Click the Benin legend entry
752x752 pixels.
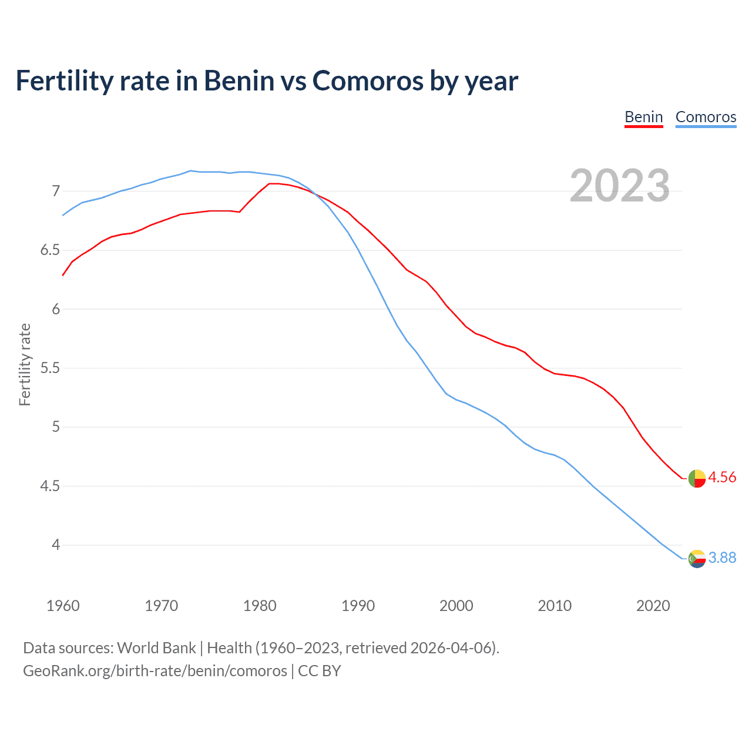click(x=643, y=117)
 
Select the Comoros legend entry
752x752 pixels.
click(x=706, y=117)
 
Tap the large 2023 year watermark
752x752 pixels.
click(x=619, y=186)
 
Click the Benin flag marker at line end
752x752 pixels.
click(x=697, y=479)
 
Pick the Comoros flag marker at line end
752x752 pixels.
click(x=697, y=559)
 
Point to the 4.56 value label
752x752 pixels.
click(x=722, y=478)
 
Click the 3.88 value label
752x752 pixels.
click(x=722, y=558)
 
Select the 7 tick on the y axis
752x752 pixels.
click(x=56, y=191)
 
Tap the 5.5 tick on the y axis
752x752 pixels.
click(x=50, y=368)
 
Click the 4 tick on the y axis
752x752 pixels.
click(x=56, y=545)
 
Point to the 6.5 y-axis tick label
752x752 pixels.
click(x=50, y=250)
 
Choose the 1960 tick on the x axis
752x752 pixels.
click(x=63, y=606)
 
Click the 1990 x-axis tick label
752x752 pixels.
click(x=358, y=606)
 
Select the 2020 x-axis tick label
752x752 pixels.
click(x=653, y=606)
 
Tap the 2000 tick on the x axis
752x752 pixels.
click(x=456, y=606)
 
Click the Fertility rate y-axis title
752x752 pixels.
click(x=25, y=364)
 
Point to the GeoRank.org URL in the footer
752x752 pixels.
click(x=155, y=671)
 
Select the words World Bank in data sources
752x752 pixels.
click(x=156, y=648)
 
